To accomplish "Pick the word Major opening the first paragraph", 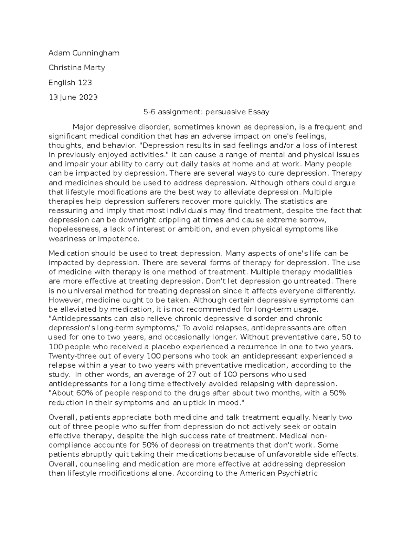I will click(x=84, y=127).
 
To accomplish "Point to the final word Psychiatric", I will click(x=296, y=473).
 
